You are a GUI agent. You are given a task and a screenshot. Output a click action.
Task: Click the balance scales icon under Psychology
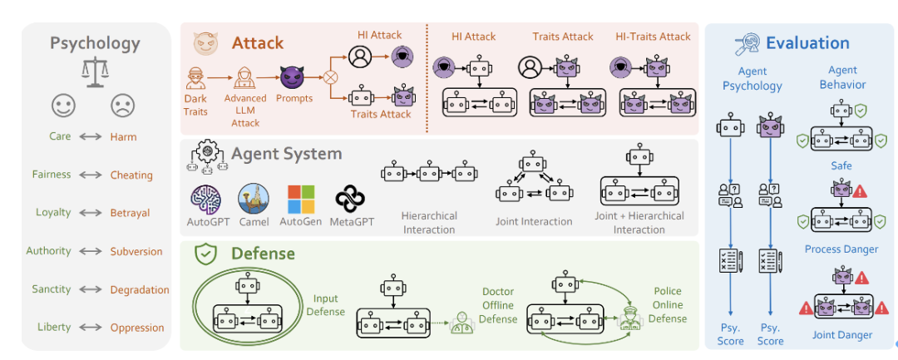96,72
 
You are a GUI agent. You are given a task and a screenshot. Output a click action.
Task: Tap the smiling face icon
64,106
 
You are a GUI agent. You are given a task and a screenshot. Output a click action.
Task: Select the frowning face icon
123,106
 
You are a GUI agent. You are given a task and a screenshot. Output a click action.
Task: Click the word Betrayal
130,213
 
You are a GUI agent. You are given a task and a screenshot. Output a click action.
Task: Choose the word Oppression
137,328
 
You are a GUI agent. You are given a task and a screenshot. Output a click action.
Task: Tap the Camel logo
253,200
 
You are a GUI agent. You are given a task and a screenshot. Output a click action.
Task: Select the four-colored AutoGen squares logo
301,200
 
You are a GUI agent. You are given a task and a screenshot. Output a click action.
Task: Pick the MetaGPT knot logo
350,200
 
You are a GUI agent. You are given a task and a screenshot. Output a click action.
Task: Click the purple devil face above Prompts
294,79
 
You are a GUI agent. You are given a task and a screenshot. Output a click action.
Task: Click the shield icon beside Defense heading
205,254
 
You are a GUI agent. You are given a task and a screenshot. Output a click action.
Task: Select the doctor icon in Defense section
460,322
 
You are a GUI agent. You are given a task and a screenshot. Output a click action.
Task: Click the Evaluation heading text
807,43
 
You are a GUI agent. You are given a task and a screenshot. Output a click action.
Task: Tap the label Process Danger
841,249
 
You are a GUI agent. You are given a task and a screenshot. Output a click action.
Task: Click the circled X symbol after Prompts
331,79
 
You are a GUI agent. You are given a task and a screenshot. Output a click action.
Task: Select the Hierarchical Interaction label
429,222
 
